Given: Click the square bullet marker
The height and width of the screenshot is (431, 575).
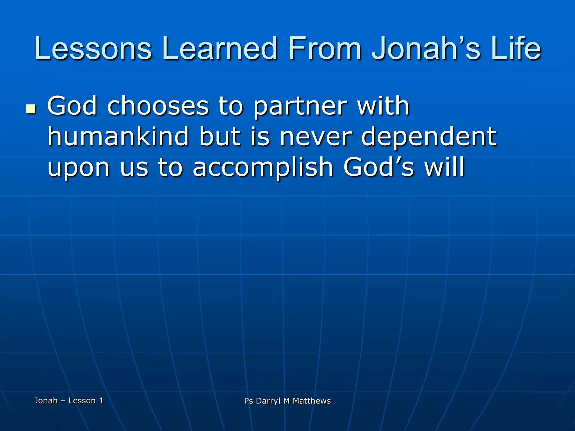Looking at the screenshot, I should [31, 109].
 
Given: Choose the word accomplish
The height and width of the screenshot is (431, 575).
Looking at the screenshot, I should [263, 168].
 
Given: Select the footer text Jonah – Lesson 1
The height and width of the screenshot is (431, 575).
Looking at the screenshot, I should [69, 400].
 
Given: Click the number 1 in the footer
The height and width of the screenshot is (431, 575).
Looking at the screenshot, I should [101, 400].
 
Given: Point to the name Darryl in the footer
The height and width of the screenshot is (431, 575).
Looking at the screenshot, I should [268, 401].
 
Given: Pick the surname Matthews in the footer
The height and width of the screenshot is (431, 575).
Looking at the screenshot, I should [312, 401].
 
